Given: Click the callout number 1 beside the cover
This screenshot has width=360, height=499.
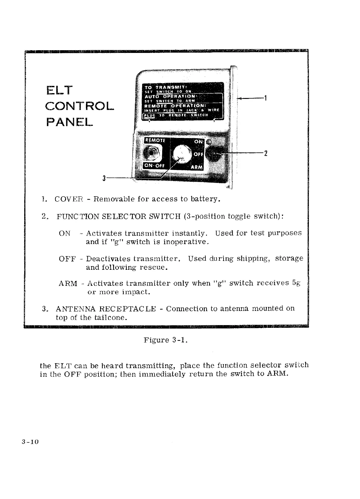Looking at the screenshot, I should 265,98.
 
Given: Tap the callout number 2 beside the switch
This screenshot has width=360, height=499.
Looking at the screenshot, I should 265,153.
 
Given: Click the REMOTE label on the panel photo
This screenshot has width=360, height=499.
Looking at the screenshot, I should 155,140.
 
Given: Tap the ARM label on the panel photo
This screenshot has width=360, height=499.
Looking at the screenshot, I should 197,167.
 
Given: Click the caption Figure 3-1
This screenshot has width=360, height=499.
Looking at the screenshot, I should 165,340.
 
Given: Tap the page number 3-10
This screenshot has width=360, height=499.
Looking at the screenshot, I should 30,442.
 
